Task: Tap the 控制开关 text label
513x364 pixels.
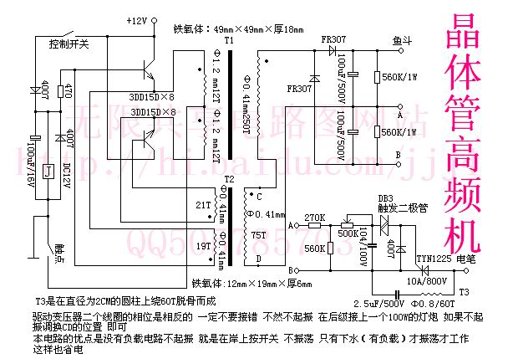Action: pyautogui.click(x=69, y=43)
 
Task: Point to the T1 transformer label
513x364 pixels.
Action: pyautogui.click(x=229, y=40)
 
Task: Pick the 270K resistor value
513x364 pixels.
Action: pyautogui.click(x=315, y=218)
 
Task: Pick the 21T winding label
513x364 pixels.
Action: pyautogui.click(x=202, y=205)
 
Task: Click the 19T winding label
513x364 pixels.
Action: pyautogui.click(x=202, y=248)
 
